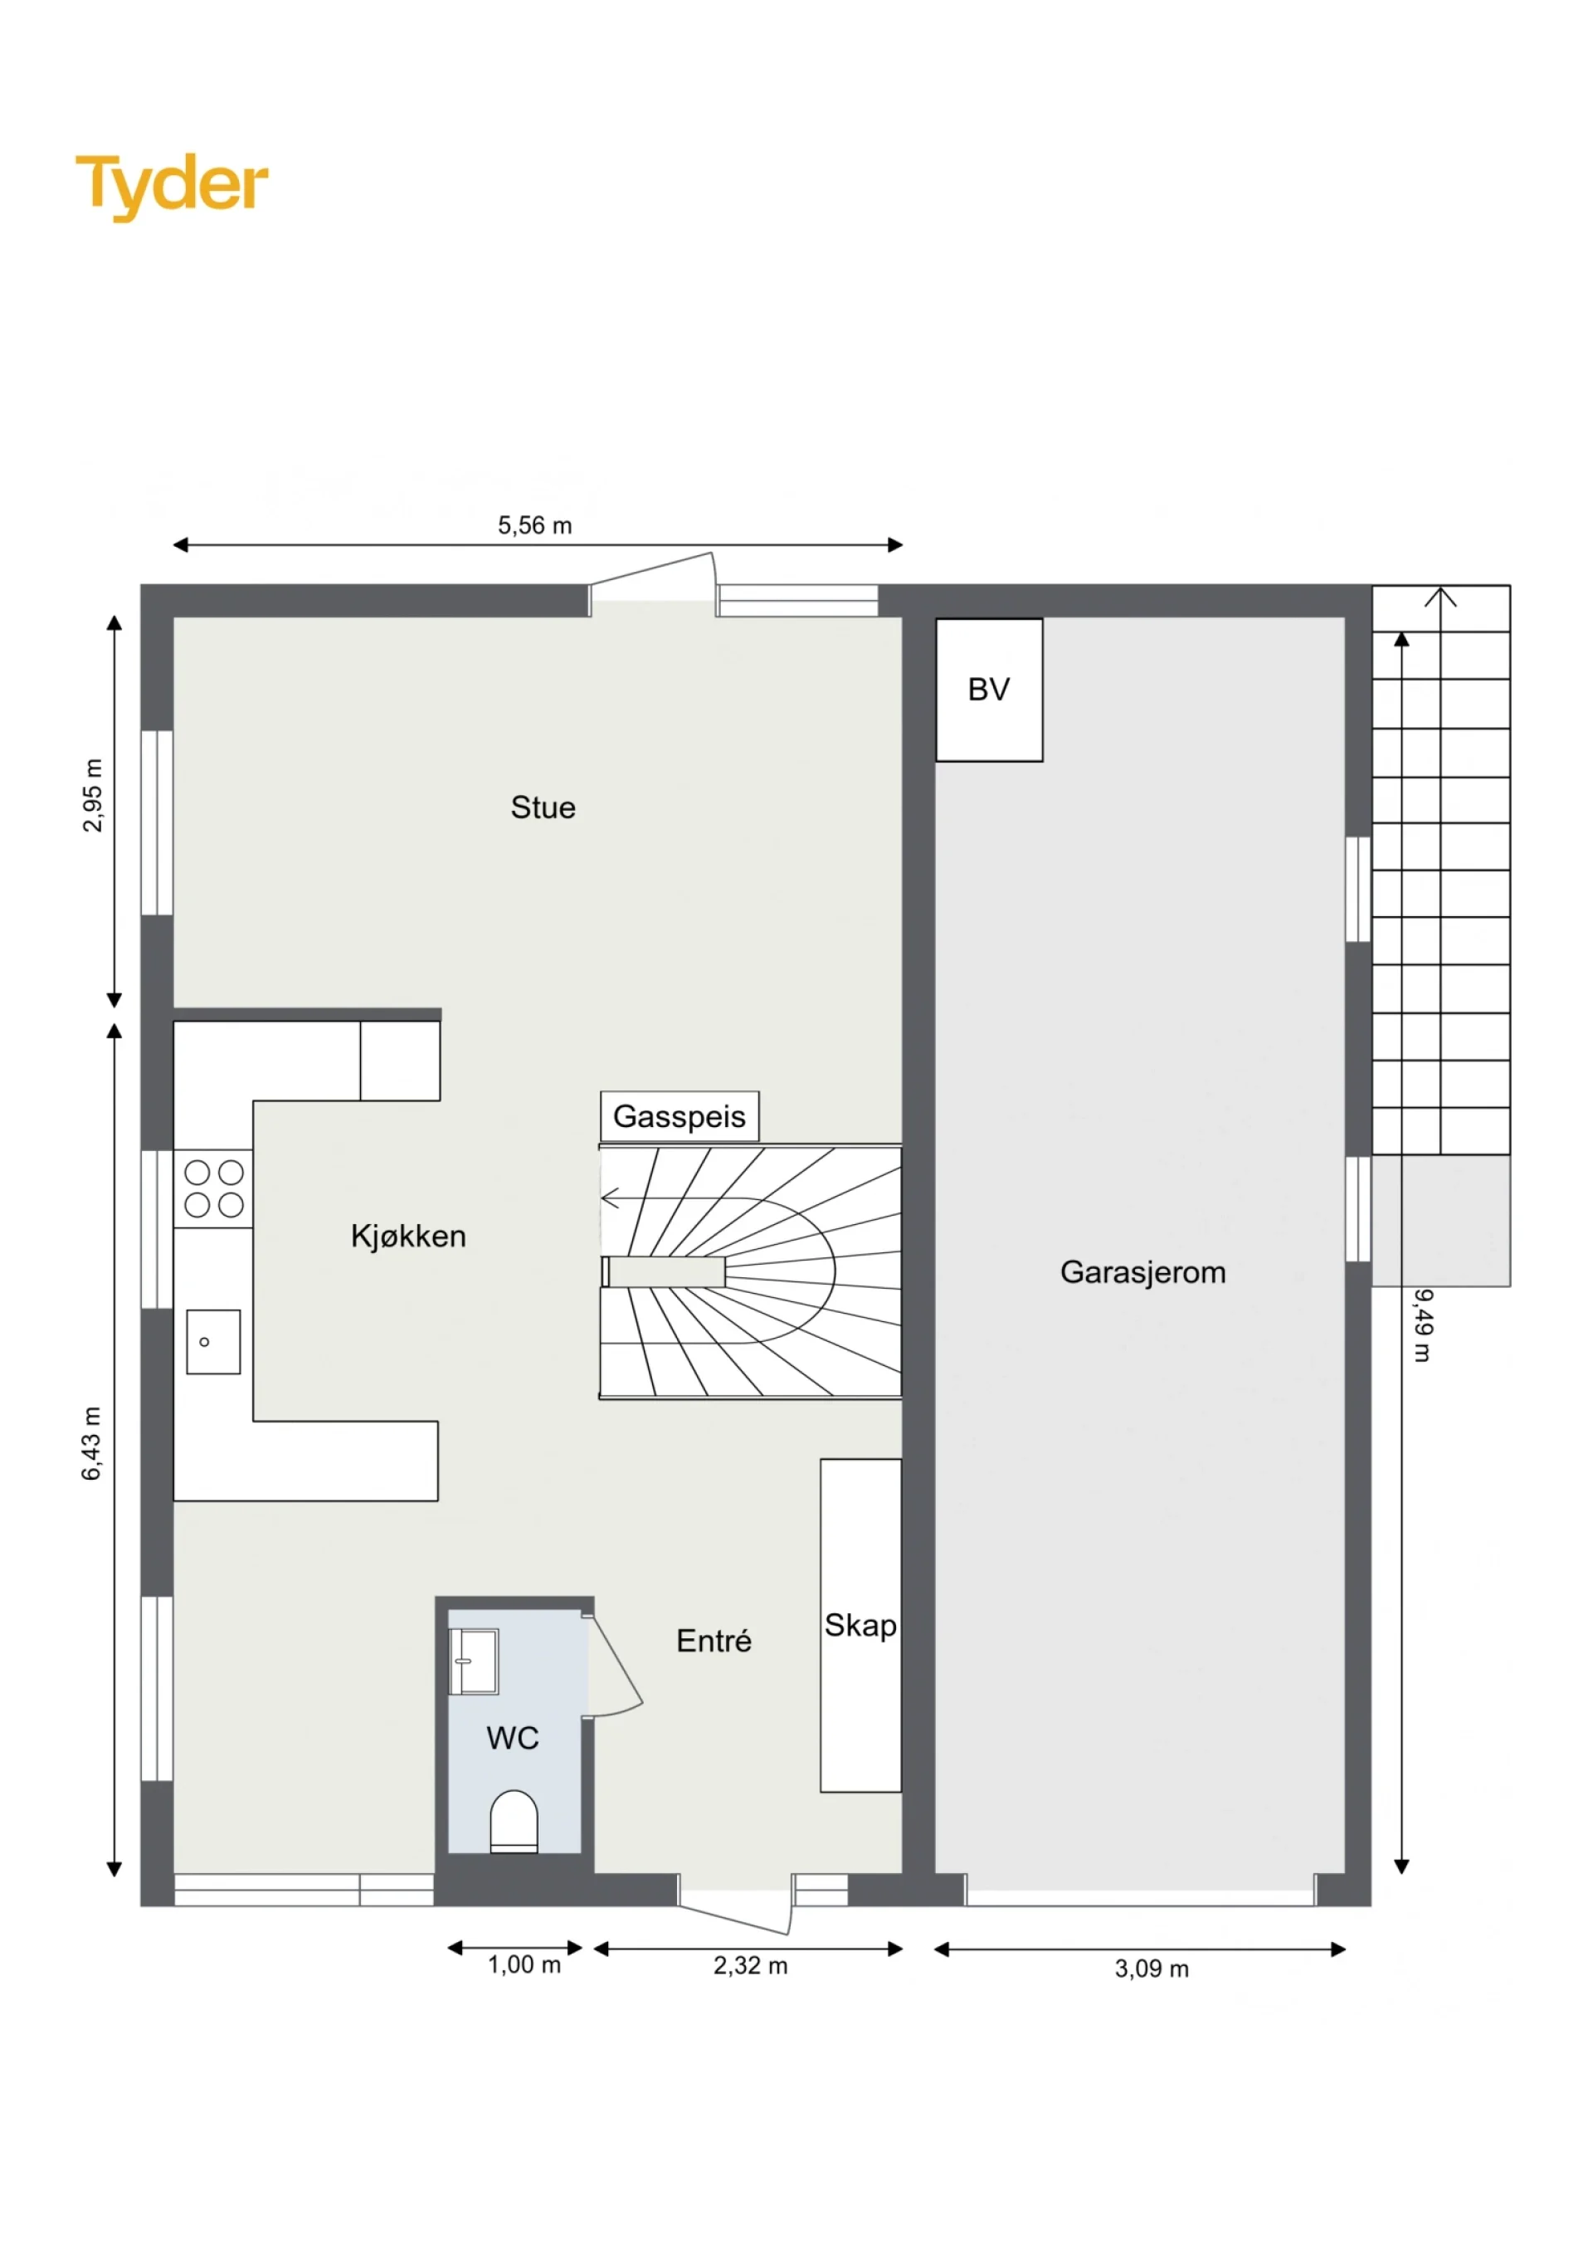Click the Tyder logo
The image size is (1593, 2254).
click(x=172, y=187)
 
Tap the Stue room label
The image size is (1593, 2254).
click(x=543, y=808)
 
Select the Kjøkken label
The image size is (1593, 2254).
click(x=408, y=1236)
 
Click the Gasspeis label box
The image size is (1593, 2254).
click(x=680, y=1116)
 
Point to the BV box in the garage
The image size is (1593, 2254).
click(x=989, y=690)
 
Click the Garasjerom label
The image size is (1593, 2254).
click(x=1142, y=1272)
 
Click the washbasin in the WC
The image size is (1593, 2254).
click(x=474, y=1662)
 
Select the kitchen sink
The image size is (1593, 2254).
click(x=213, y=1342)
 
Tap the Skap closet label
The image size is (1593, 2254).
click(x=860, y=1626)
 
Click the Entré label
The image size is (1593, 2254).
click(x=714, y=1641)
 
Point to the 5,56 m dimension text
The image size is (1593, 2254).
click(x=535, y=525)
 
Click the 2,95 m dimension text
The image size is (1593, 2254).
click(x=92, y=795)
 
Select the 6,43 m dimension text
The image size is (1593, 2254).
click(x=91, y=1443)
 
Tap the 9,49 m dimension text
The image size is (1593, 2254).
click(x=1423, y=1325)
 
